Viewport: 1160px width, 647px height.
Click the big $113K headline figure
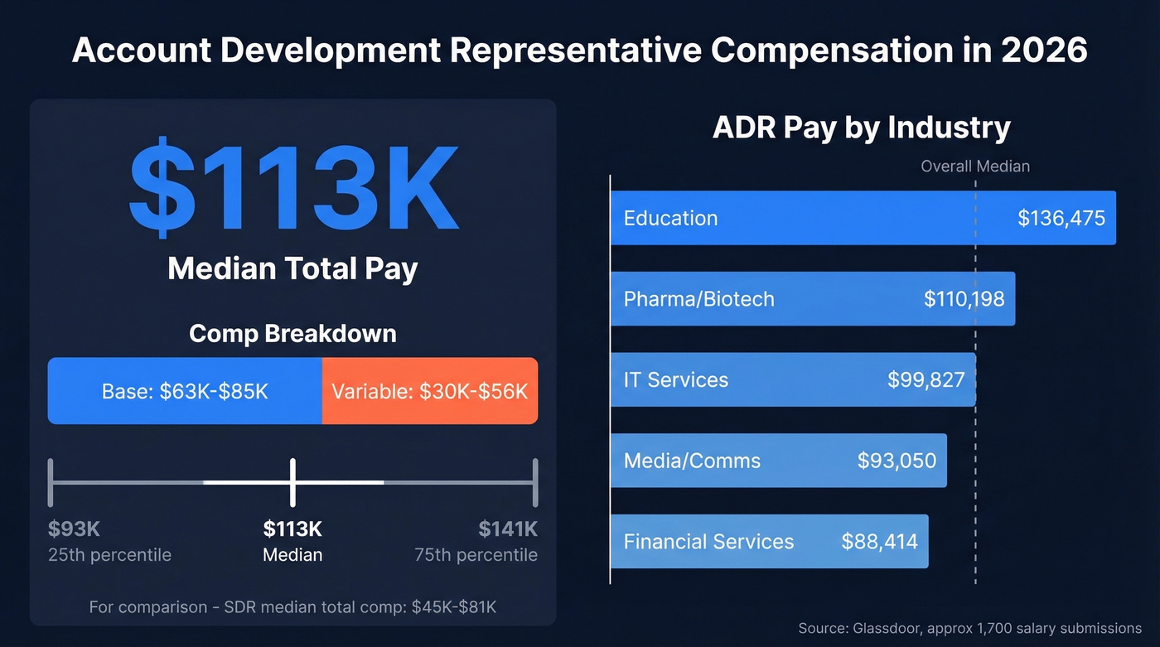point(292,190)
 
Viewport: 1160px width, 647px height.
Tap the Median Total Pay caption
point(292,268)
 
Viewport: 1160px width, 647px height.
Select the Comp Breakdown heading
point(292,333)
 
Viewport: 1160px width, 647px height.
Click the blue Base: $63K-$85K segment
point(185,391)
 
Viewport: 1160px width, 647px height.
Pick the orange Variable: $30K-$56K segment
point(429,391)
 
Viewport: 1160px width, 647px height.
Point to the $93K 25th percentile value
point(74,529)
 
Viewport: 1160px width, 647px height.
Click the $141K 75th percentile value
point(508,529)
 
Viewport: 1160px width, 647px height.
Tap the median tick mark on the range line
point(292,481)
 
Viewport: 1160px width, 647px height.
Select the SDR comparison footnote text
point(292,607)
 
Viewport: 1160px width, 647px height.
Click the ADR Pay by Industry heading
point(862,128)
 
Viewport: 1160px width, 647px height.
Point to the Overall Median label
point(975,167)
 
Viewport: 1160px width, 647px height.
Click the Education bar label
point(670,218)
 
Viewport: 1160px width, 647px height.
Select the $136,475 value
point(1061,218)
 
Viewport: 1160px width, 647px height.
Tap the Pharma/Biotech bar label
point(698,298)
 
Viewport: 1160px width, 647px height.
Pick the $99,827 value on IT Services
point(926,379)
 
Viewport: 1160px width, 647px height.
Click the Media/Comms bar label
point(692,461)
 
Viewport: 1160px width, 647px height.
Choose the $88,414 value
point(879,542)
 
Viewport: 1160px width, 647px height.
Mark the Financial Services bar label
point(708,542)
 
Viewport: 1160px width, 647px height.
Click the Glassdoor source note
point(969,628)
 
